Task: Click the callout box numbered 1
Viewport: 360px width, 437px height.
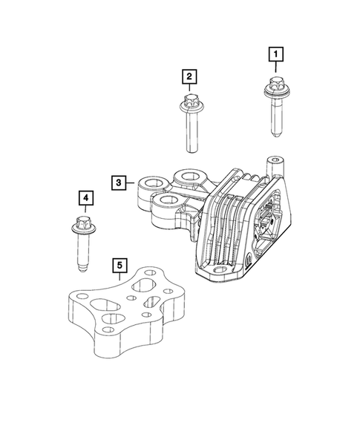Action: point(276,53)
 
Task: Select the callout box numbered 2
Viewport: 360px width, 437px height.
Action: point(189,76)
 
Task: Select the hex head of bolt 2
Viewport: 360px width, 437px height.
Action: point(189,100)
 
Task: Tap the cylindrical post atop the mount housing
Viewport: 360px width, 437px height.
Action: point(276,160)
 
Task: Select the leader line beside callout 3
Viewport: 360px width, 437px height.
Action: point(131,182)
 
